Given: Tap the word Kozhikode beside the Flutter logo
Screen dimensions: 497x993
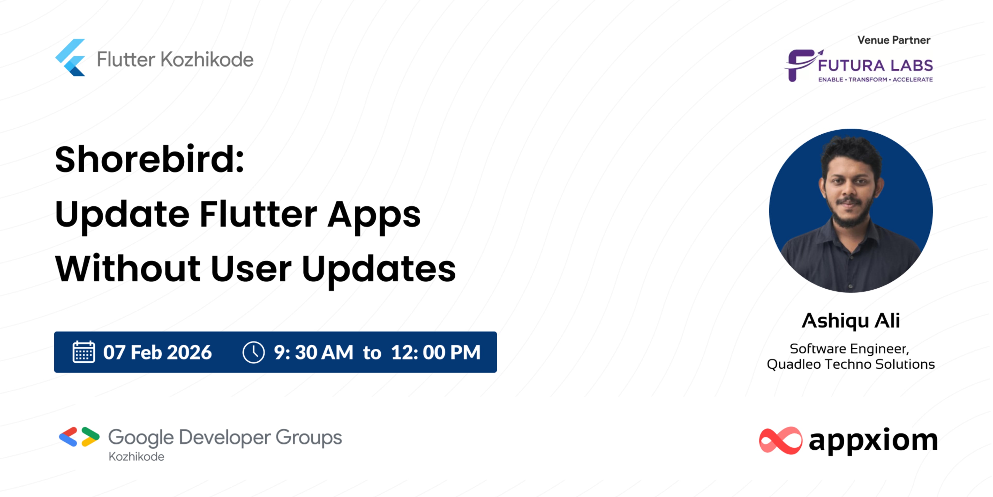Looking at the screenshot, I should [207, 60].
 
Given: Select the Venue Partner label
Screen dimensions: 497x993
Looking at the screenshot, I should [893, 40].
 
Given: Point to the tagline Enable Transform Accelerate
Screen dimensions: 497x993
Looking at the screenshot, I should [875, 79].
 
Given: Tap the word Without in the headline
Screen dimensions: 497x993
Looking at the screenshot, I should [127, 269].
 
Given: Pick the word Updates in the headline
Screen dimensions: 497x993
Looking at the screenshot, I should [379, 269].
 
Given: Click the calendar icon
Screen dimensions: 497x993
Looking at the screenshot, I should [84, 352].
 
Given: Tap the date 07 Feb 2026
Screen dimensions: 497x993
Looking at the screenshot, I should [157, 352].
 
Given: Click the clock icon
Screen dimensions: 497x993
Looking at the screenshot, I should [253, 352].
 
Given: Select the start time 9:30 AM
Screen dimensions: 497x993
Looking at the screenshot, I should [313, 352].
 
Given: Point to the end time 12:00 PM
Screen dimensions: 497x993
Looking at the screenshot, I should [435, 352].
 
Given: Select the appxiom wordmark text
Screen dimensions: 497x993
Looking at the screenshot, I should [873, 440].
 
